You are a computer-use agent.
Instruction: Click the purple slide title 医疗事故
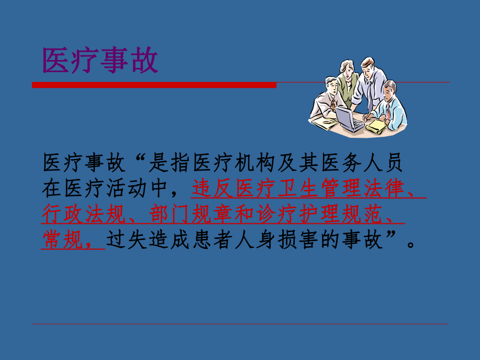click(100, 62)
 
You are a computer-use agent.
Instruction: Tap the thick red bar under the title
click(154, 85)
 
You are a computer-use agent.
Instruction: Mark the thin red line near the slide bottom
click(240, 324)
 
